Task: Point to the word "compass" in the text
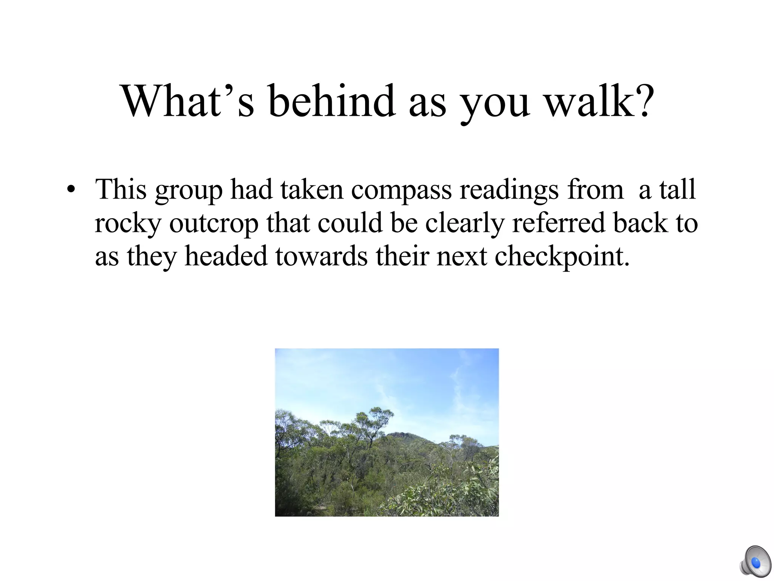[x=401, y=190]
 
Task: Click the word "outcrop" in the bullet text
[x=214, y=223]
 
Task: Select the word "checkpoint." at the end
[x=562, y=256]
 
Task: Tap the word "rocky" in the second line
[x=128, y=223]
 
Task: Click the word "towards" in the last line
[x=321, y=256]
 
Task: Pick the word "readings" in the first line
[x=509, y=190]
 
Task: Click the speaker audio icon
[x=755, y=562]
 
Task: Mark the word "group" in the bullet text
[x=189, y=190]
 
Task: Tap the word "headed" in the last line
[x=226, y=256]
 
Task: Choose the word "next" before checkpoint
[x=461, y=256]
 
